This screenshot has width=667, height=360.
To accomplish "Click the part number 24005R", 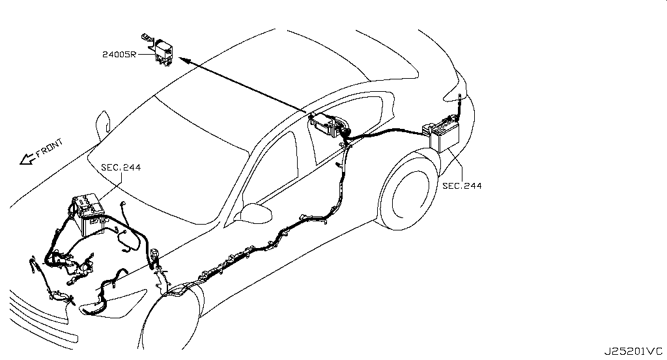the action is click(119, 55).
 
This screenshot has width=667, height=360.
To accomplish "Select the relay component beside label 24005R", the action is click(160, 51).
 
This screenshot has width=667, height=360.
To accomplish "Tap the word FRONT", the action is click(50, 148).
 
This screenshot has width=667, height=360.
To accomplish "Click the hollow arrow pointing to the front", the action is click(27, 159).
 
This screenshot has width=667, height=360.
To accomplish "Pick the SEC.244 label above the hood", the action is click(121, 167).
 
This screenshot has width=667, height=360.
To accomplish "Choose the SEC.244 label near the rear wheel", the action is click(462, 186).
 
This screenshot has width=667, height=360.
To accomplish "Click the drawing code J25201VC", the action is click(633, 352).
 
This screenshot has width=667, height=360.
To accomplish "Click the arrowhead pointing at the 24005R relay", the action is click(183, 60).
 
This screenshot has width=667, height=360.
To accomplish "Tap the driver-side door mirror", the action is click(255, 212).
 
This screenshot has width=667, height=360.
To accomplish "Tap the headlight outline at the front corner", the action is click(113, 303).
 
